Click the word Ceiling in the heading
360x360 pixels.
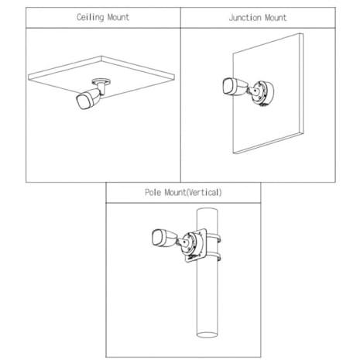pyautogui.click(x=90, y=17)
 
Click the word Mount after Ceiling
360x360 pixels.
pyautogui.click(x=118, y=17)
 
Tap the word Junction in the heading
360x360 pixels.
pyautogui.click(x=245, y=18)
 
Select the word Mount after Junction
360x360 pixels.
pyautogui.click(x=276, y=18)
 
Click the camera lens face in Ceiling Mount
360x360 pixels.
pyautogui.click(x=82, y=101)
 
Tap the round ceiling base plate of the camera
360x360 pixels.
pyautogui.click(x=101, y=81)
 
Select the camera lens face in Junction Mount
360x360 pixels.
pyautogui.click(x=228, y=87)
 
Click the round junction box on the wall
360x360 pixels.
pyautogui.click(x=263, y=93)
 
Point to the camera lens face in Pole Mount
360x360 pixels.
pyautogui.click(x=158, y=238)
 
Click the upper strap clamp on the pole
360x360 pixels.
pyautogui.click(x=214, y=238)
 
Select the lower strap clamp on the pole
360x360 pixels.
pyautogui.click(x=214, y=256)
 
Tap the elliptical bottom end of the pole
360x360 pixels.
pyautogui.click(x=207, y=334)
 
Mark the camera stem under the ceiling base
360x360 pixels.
pyautogui.click(x=102, y=89)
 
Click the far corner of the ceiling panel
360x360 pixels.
pyautogui.click(x=101, y=56)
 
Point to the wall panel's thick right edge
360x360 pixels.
pyautogui.click(x=301, y=84)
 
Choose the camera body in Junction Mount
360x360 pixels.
pyautogui.click(x=235, y=87)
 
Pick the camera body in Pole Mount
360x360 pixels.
pyautogui.click(x=165, y=238)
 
